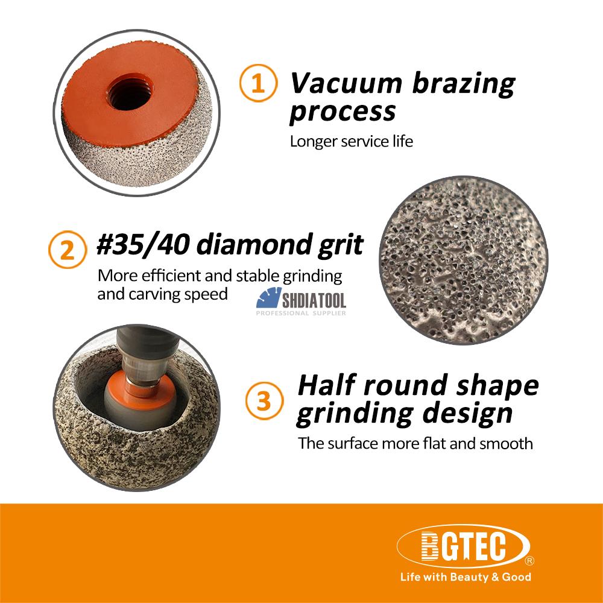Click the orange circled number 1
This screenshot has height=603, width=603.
(258, 83)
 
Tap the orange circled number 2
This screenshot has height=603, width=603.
(68, 250)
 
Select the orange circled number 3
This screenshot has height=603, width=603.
(264, 400)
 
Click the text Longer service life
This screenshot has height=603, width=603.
(351, 141)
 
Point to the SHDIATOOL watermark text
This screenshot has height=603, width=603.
(314, 300)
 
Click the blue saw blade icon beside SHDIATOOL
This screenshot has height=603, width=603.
(268, 298)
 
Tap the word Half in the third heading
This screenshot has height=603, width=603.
(326, 385)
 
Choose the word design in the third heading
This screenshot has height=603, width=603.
(467, 414)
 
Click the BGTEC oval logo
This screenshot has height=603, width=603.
(463, 546)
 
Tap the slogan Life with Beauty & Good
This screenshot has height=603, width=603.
(466, 577)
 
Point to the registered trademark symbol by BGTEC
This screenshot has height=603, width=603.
(529, 561)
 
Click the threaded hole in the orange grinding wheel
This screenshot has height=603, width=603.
(130, 92)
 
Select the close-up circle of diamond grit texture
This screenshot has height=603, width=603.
(463, 260)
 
